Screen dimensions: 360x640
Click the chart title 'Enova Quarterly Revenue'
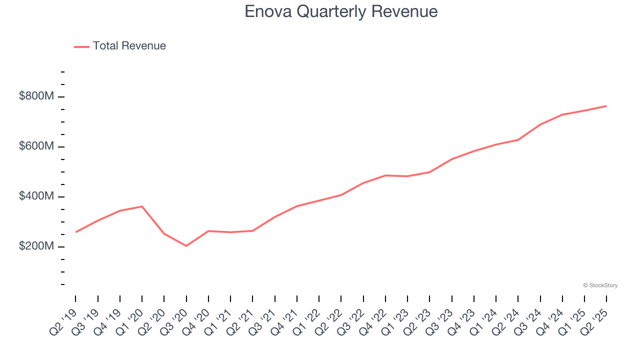[x=341, y=11]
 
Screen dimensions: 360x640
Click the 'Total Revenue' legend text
[x=129, y=46]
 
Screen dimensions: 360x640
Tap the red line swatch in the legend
[x=81, y=46]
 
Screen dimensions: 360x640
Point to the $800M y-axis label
[x=36, y=96]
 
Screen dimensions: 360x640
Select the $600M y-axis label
[x=36, y=146]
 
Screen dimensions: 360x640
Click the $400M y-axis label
[x=36, y=196]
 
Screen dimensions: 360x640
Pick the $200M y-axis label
[x=36, y=246]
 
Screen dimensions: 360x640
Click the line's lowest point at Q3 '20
[x=186, y=245]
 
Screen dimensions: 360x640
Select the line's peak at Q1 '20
[x=142, y=206]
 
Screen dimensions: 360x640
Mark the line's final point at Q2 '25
[x=606, y=106]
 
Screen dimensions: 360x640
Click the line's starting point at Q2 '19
[x=76, y=232]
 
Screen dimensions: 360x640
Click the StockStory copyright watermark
[x=600, y=285]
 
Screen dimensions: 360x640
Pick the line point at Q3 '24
[x=540, y=124]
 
